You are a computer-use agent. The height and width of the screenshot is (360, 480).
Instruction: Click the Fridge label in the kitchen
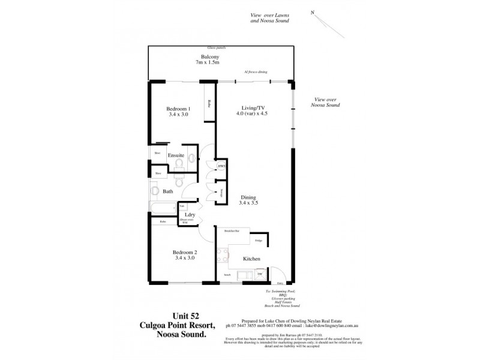tap(258, 241)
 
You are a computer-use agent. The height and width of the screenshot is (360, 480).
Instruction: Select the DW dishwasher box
tap(259, 274)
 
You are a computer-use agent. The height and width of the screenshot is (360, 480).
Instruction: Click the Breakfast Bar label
tap(232, 230)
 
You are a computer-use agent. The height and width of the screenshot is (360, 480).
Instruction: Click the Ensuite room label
tap(176, 155)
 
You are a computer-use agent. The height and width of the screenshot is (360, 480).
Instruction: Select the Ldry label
tap(189, 214)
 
